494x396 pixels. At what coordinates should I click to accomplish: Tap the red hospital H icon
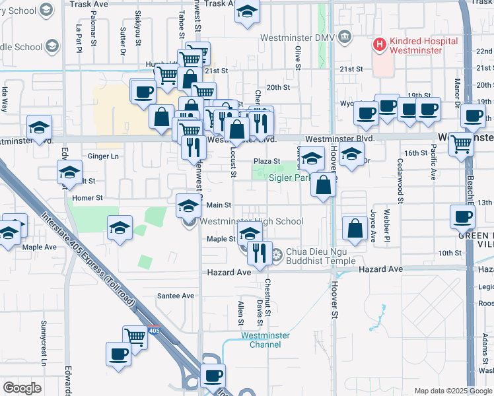(380, 45)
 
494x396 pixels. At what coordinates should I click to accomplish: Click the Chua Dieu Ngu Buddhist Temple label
(320, 253)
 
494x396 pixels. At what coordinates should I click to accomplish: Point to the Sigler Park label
(289, 178)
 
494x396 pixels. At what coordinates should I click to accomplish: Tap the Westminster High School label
(252, 222)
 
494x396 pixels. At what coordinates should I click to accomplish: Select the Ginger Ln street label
(103, 156)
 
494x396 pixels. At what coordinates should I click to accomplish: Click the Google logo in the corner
(22, 388)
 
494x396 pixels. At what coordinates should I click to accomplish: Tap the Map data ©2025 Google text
(453, 391)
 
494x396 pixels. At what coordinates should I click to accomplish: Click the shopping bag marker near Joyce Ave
(355, 229)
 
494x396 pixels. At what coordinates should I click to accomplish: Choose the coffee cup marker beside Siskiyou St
(143, 92)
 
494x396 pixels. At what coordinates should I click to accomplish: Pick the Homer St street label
(88, 197)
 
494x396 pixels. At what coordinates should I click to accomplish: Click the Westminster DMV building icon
(345, 38)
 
